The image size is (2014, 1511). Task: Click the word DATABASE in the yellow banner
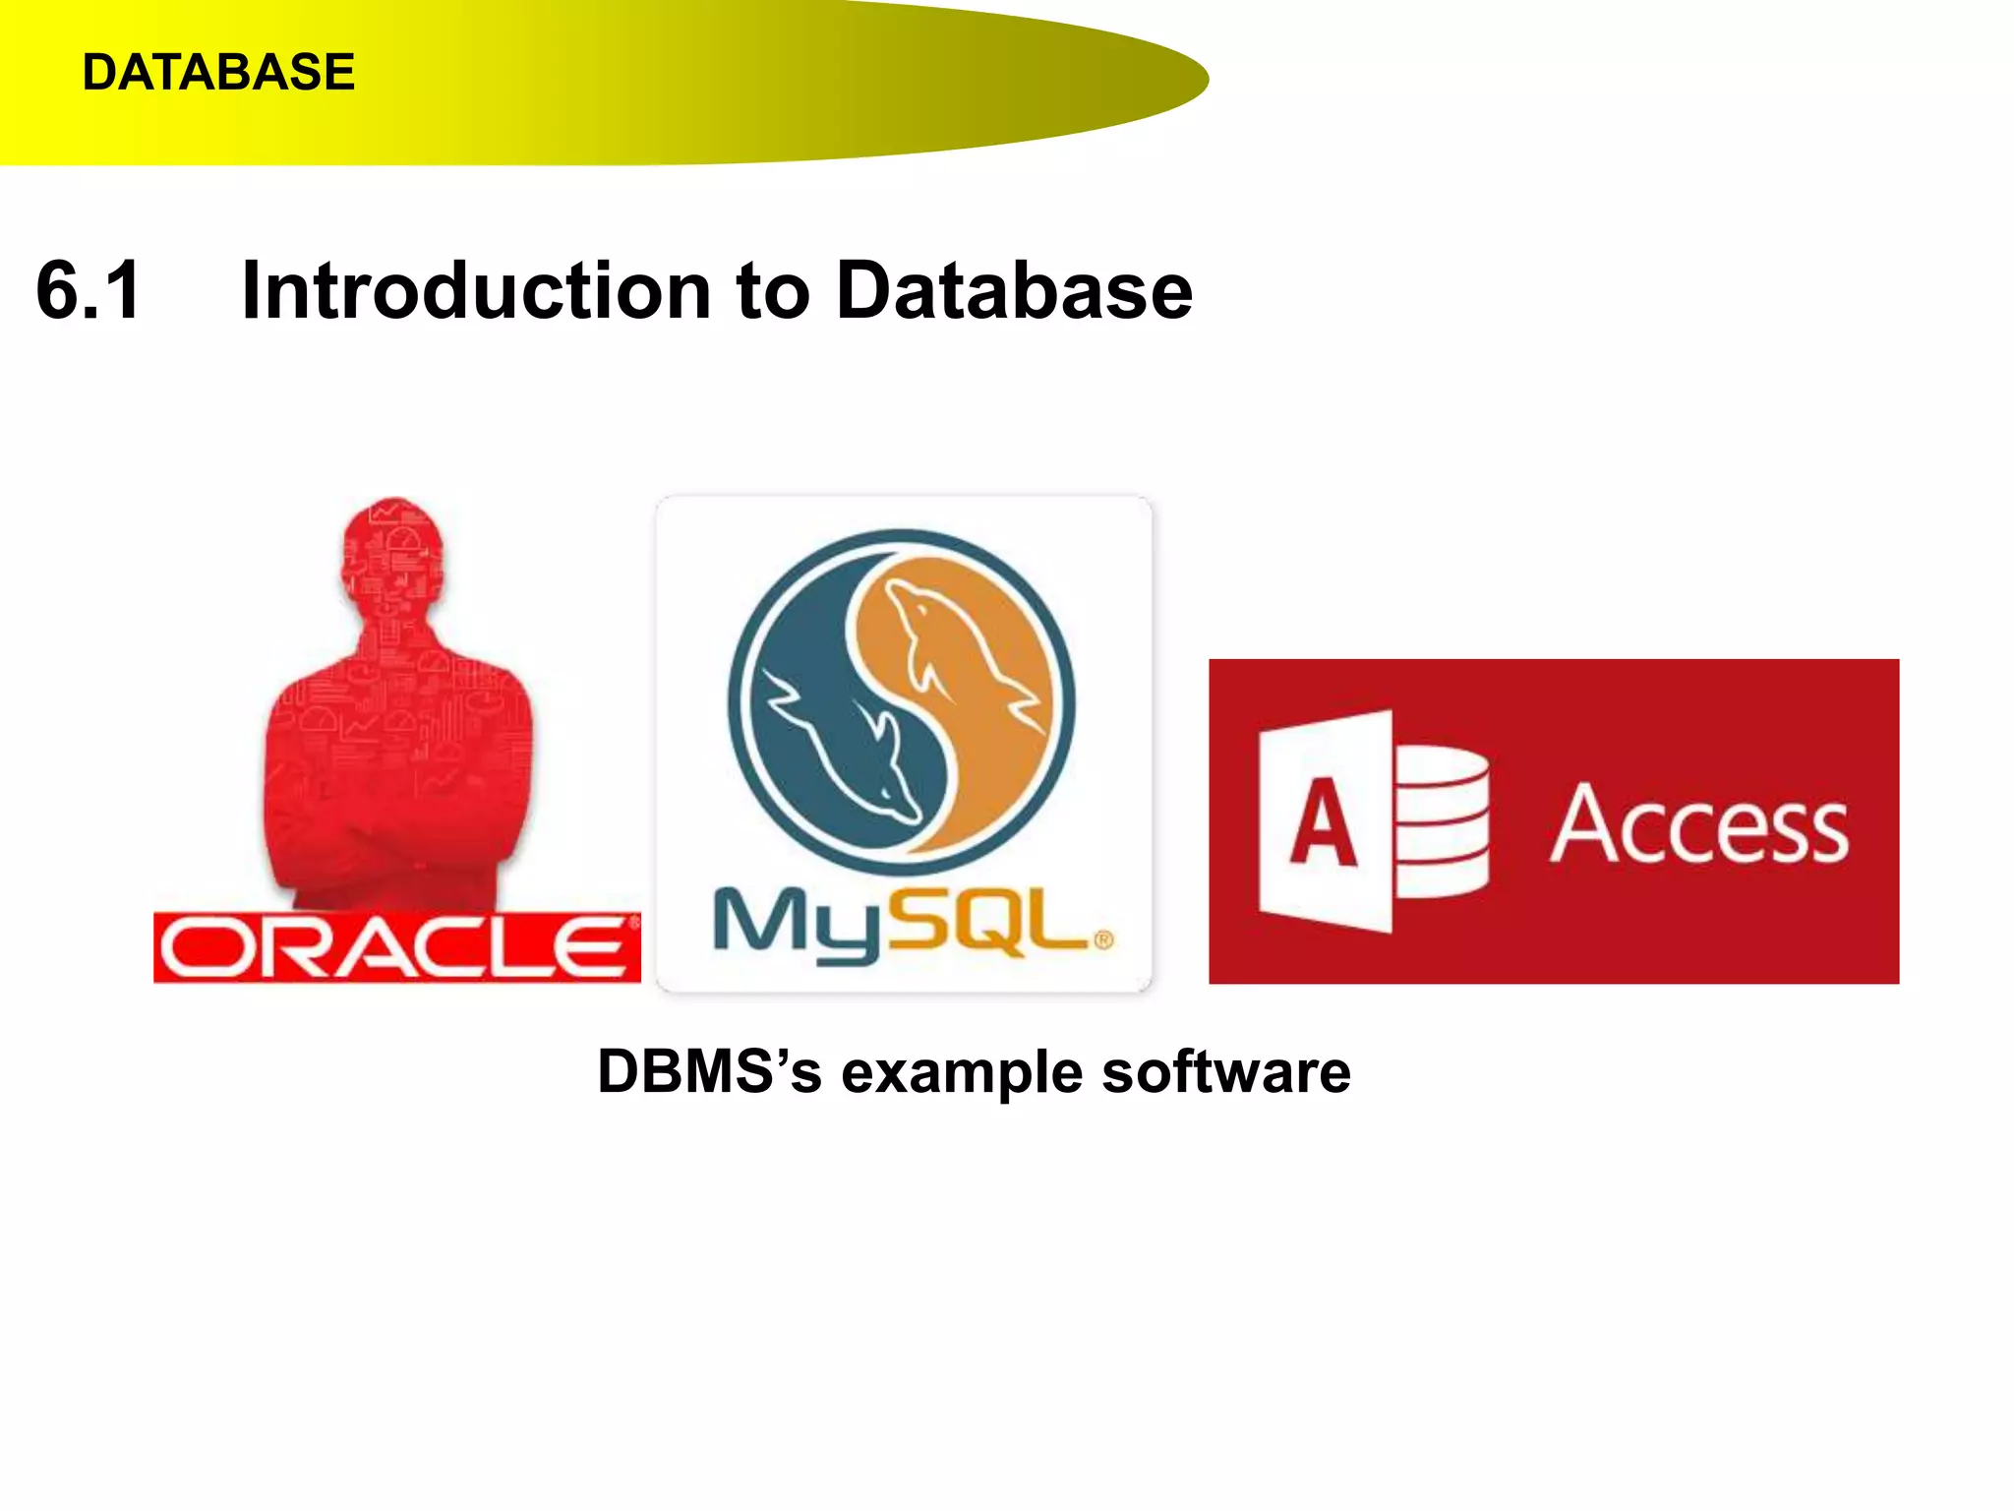pyautogui.click(x=217, y=73)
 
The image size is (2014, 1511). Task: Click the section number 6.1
pyautogui.click(x=89, y=290)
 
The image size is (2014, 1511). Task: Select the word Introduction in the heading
pyautogui.click(x=476, y=290)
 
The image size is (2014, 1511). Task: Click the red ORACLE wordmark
pyautogui.click(x=396, y=947)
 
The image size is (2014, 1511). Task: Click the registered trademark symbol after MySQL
pyautogui.click(x=1103, y=940)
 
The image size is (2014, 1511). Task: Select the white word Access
pyautogui.click(x=1698, y=826)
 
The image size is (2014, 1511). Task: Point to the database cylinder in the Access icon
pyautogui.click(x=1442, y=822)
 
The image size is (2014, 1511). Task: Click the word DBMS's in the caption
pyautogui.click(x=708, y=1071)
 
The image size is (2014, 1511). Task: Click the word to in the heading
pyautogui.click(x=773, y=292)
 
